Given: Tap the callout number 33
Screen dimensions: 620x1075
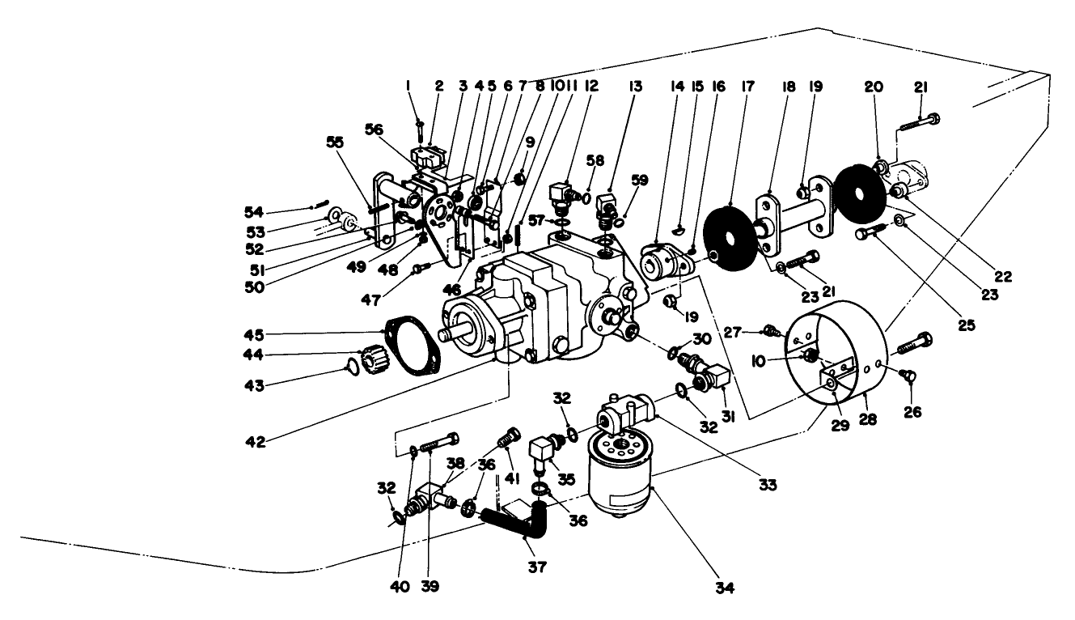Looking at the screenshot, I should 767,485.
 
